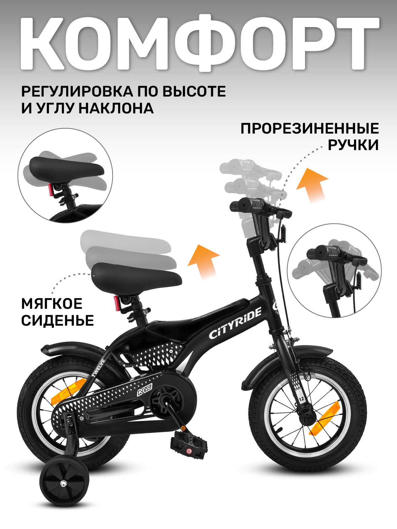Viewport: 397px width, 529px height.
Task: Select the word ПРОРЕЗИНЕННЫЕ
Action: [x=309, y=129]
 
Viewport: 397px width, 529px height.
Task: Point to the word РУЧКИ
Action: [x=353, y=145]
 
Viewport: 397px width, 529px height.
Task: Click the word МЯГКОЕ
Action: [x=52, y=304]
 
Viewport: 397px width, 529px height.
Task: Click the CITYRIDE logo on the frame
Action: [x=235, y=323]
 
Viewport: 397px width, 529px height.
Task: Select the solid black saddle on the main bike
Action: [x=136, y=275]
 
